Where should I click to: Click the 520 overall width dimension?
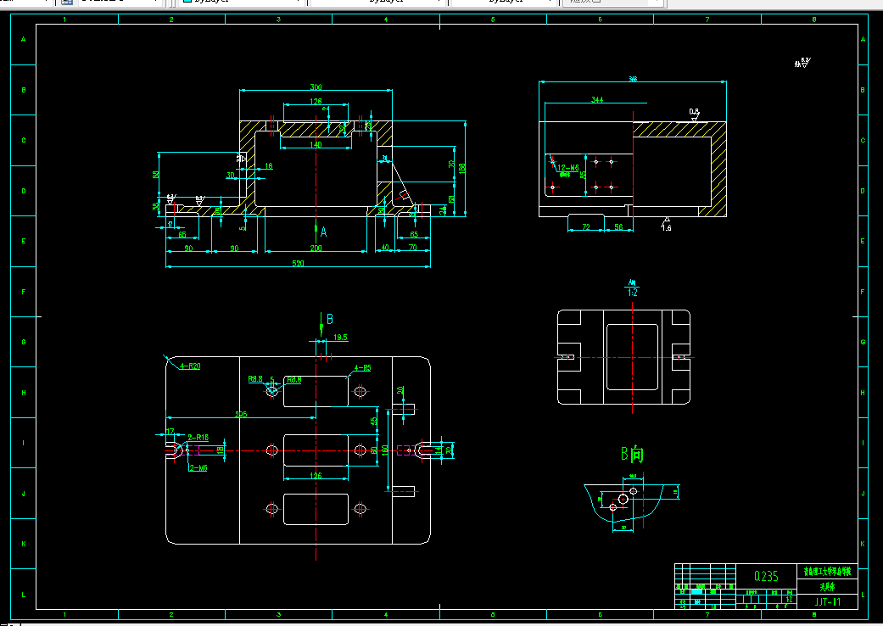(x=299, y=263)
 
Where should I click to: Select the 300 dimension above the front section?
(x=316, y=87)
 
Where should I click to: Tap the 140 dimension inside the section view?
(x=316, y=145)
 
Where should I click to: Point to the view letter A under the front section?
(x=323, y=231)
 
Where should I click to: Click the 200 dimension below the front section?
(x=316, y=249)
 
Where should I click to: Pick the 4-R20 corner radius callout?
(x=189, y=366)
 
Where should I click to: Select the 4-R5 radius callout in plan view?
(x=362, y=368)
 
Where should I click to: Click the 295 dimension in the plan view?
(x=241, y=415)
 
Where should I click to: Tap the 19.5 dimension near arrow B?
(x=340, y=338)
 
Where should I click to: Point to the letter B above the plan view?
(x=330, y=319)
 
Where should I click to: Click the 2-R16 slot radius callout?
(x=198, y=438)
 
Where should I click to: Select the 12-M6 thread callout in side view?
(x=567, y=168)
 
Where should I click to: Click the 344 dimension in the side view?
(x=597, y=100)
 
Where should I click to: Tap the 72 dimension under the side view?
(x=585, y=227)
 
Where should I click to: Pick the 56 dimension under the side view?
(x=618, y=227)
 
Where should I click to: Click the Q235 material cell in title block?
(x=766, y=576)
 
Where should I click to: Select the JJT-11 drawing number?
(x=827, y=601)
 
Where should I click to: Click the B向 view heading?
(x=632, y=455)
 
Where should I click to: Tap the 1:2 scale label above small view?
(x=632, y=292)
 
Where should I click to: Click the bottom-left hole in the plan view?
(x=272, y=509)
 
